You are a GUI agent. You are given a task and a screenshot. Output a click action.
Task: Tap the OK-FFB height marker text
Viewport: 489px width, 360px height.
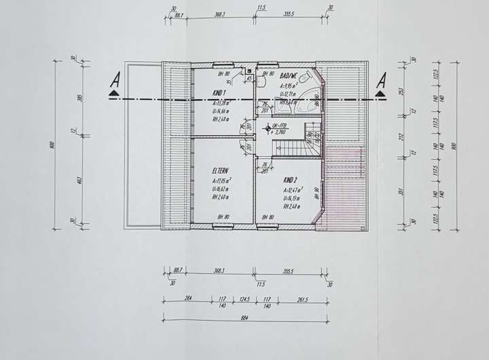point(279,127)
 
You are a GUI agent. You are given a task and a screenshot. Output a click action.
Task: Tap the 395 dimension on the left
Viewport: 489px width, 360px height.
point(79,98)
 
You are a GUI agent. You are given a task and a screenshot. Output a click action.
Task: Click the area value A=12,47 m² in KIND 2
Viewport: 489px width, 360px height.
point(293,191)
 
